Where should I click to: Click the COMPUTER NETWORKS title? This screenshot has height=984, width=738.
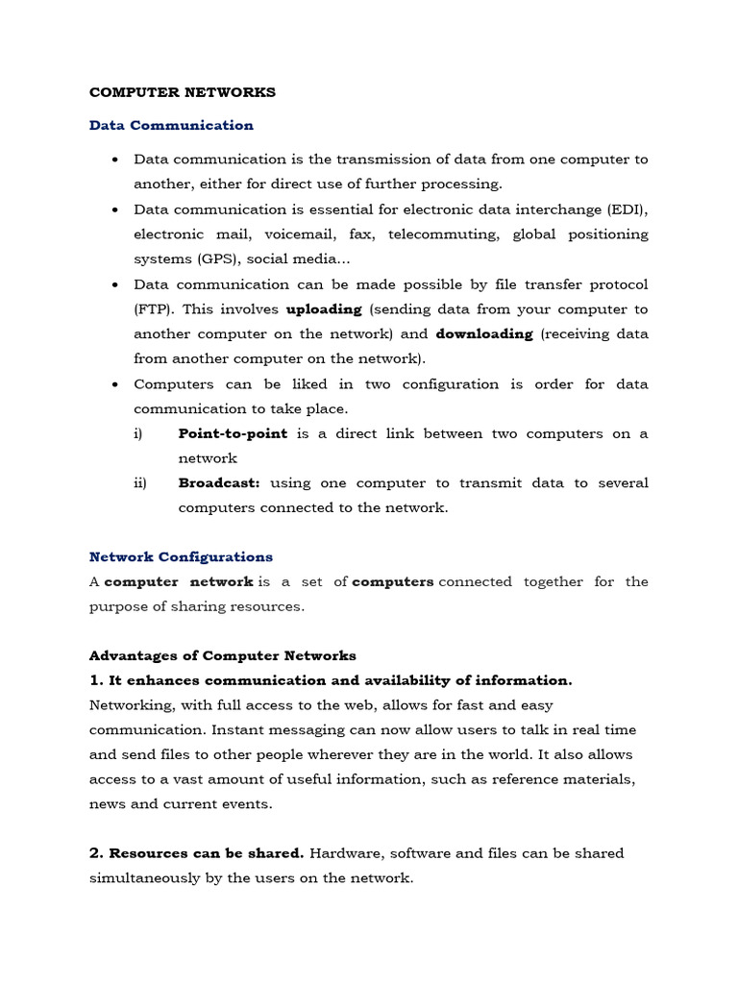(183, 92)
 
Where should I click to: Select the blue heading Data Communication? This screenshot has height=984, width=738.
(171, 125)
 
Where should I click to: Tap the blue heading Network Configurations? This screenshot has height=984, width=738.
(181, 556)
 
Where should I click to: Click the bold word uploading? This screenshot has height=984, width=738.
(324, 309)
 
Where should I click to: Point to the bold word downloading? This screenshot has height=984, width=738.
(484, 334)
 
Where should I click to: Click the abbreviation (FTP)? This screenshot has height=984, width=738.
(153, 309)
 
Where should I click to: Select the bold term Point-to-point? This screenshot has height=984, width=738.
(233, 433)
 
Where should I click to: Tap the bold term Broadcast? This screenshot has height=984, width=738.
(219, 483)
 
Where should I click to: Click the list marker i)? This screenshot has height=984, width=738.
(138, 433)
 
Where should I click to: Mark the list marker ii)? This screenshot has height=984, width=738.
(140, 483)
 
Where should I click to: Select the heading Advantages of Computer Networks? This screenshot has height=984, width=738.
(223, 655)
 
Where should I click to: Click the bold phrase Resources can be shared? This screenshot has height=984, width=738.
(207, 853)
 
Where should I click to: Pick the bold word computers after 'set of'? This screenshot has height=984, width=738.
(393, 581)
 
